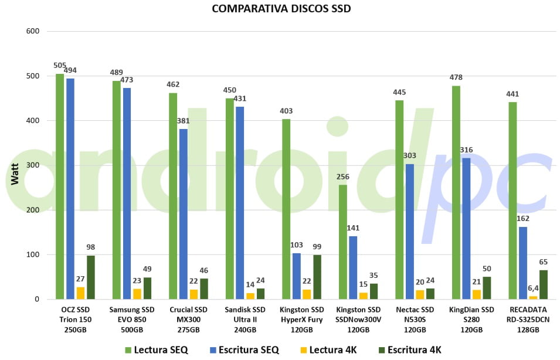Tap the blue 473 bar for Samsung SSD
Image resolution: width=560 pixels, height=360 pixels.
pyautogui.click(x=127, y=193)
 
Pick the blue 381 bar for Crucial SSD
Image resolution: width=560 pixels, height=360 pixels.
pyautogui.click(x=184, y=214)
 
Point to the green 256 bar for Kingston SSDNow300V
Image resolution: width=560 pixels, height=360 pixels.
pyautogui.click(x=343, y=242)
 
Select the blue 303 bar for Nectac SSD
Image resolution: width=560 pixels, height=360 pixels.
pyautogui.click(x=410, y=232)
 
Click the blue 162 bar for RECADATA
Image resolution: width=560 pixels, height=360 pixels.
pyautogui.click(x=523, y=263)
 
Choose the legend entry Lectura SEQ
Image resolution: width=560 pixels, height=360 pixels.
pyautogui.click(x=155, y=350)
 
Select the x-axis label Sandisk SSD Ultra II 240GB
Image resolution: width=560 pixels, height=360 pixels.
pyautogui.click(x=246, y=320)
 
